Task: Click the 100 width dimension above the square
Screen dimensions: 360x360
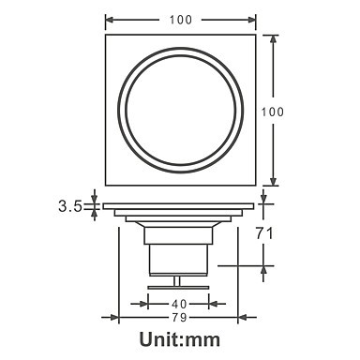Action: click(181, 20)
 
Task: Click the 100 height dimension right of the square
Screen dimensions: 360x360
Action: click(273, 112)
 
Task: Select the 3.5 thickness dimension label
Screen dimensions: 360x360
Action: click(70, 206)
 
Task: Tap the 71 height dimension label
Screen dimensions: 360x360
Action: click(264, 233)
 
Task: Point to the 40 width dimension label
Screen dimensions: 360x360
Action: click(179, 304)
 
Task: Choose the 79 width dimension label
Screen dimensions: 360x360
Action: click(179, 318)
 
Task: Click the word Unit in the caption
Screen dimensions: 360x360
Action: click(159, 339)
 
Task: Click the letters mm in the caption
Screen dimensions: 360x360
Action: click(202, 341)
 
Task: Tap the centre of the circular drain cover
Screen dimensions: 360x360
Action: click(181, 110)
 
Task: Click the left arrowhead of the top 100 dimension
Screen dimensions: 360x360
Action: click(109, 20)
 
